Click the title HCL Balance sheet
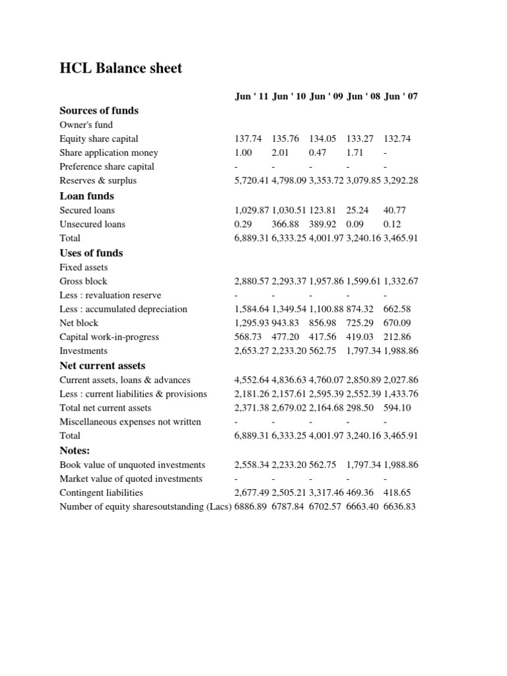pos(121,69)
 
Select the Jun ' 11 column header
pos(252,96)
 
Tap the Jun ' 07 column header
pos(401,96)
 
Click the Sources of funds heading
pos(99,110)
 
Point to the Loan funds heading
pos(86,196)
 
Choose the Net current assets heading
pos(102,366)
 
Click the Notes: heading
pos(75,451)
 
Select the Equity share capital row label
pos(99,139)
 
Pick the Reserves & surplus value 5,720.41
pos(252,181)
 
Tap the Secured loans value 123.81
pos(323,210)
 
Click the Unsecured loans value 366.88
pos(286,224)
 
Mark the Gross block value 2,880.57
pos(252,281)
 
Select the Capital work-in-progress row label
pos(109,337)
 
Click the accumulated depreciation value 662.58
pos(397,309)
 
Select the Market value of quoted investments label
pos(131,479)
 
